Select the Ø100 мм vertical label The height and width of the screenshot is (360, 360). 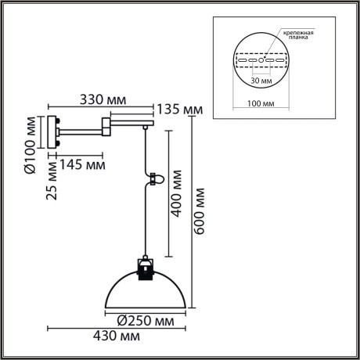click(30, 145)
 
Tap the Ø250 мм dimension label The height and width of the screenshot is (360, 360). click(146, 320)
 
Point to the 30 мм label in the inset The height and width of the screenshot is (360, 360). click(262, 79)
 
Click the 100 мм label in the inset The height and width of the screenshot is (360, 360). click(262, 102)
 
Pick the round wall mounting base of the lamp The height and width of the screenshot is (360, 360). click(52, 132)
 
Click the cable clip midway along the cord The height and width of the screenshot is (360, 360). click(155, 178)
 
